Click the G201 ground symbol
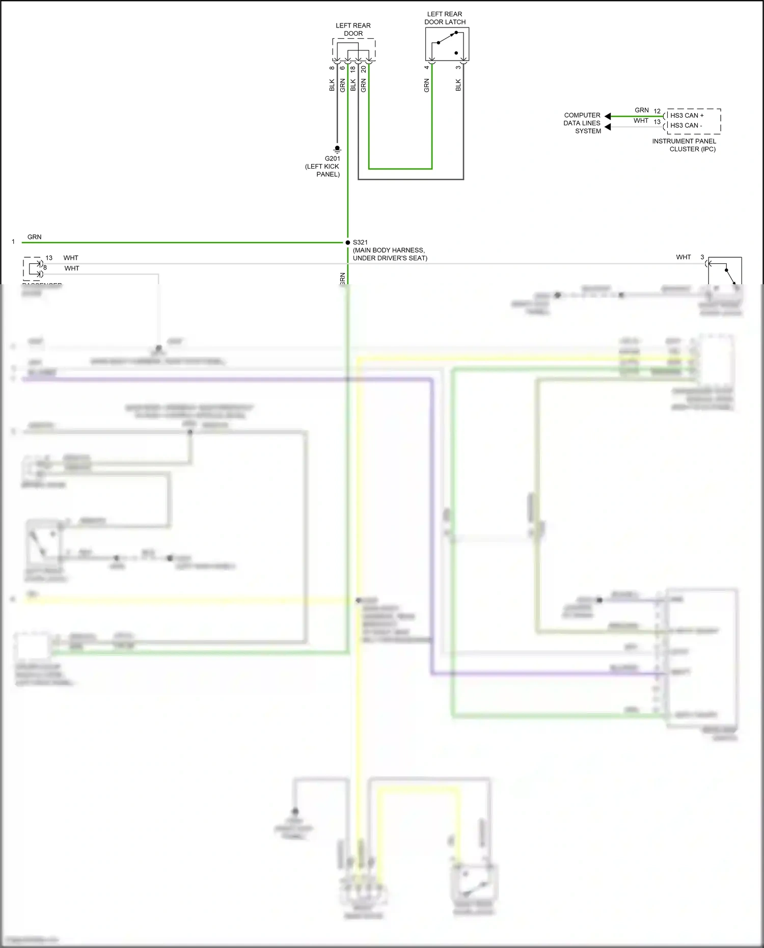[337, 149]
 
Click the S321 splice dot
[348, 242]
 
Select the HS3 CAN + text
[687, 116]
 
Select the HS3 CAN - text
[686, 125]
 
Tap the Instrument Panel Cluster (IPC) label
[684, 145]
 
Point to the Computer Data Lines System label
[582, 123]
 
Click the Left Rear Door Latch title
[445, 18]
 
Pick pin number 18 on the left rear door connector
[353, 69]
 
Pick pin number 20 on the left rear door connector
[364, 69]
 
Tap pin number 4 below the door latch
[427, 67]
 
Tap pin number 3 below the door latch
[458, 67]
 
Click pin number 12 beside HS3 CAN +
[657, 112]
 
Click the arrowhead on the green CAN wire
[608, 117]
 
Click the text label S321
[360, 242]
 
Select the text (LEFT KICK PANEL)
[322, 170]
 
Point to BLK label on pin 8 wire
[332, 85]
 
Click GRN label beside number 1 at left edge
[35, 237]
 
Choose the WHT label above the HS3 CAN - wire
[641, 121]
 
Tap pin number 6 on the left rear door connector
[343, 68]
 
